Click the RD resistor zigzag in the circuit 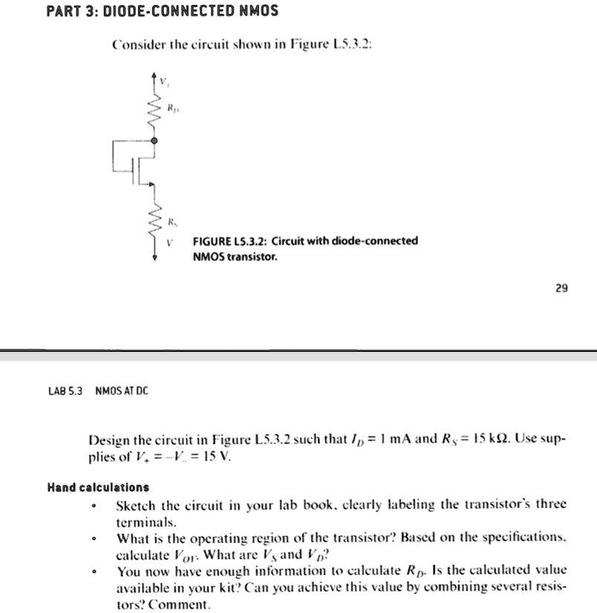(155, 112)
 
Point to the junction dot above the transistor (155, 140)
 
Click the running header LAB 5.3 (66, 391)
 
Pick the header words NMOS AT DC (122, 391)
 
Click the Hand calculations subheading (97, 487)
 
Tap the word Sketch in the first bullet (135, 504)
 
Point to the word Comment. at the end (186, 604)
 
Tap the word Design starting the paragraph (109, 440)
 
